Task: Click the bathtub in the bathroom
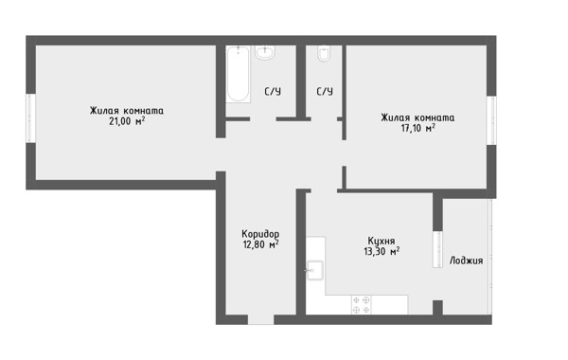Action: point(238,74)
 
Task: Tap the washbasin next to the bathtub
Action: point(265,52)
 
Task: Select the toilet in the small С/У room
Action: point(324,54)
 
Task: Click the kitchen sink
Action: point(315,270)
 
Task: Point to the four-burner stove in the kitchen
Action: point(362,304)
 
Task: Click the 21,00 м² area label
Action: point(127,121)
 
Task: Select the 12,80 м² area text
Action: point(260,244)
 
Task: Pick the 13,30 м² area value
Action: point(382,251)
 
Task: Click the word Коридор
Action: point(260,233)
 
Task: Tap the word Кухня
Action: point(382,241)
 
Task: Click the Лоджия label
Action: point(466,261)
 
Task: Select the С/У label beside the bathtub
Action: point(273,91)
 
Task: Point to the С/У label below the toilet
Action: point(325,91)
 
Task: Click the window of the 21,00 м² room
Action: point(31,118)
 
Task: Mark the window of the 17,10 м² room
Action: point(491,120)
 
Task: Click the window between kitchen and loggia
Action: point(437,249)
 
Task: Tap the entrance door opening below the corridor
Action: point(261,319)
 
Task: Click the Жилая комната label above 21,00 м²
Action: point(127,110)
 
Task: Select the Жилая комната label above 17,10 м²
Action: point(417,117)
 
